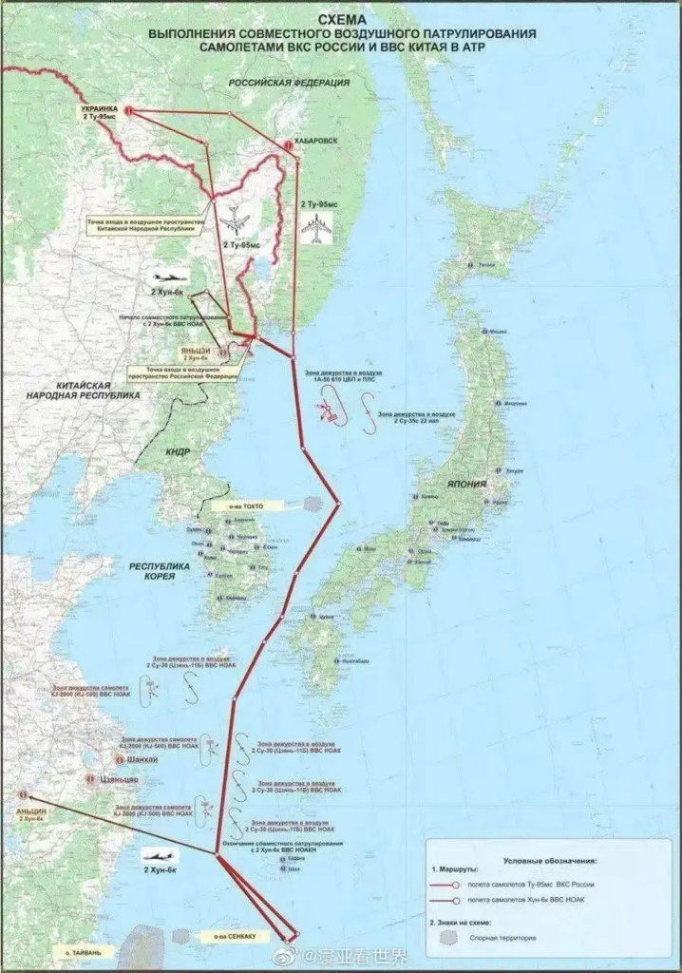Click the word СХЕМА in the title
coord(342,17)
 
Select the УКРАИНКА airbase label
coord(99,108)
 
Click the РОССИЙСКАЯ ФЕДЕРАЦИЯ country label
coord(290,84)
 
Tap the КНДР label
coord(179,452)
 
